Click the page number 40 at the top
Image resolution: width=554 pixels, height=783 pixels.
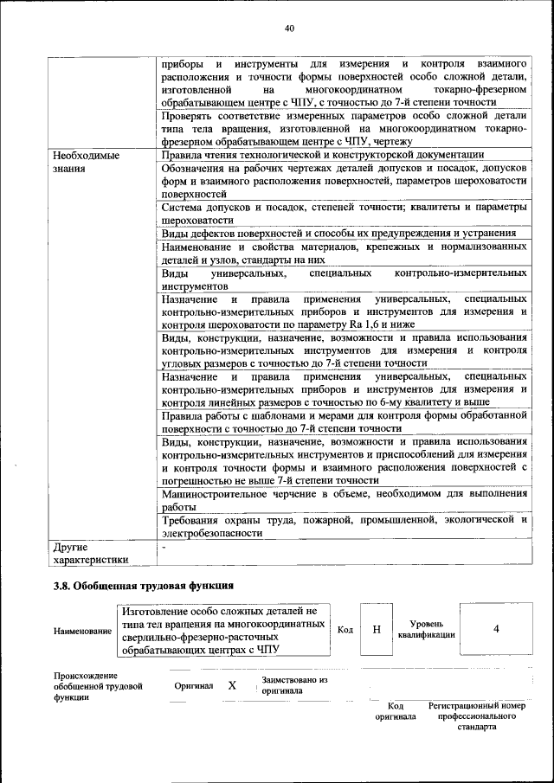click(x=289, y=29)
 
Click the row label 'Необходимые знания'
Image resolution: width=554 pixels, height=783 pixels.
click(x=86, y=162)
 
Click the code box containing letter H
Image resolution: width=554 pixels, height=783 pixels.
click(x=376, y=629)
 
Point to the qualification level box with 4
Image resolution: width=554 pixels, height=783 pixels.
click(x=495, y=629)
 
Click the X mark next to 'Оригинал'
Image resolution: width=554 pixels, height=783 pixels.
click(x=231, y=685)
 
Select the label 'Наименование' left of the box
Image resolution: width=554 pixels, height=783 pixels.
click(x=82, y=631)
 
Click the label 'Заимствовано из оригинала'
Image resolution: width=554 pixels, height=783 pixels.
click(x=293, y=685)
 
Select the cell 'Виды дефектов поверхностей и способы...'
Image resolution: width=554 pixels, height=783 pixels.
click(x=339, y=234)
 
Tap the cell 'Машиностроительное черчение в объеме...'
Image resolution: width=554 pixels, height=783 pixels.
click(x=345, y=499)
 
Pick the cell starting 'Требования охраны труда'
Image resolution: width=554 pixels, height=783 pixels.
click(x=345, y=526)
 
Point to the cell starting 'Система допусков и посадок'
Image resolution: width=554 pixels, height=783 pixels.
click(x=345, y=214)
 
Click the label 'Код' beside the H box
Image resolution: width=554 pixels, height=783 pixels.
click(x=345, y=629)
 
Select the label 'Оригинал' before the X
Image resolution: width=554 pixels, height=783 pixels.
click(x=193, y=685)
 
